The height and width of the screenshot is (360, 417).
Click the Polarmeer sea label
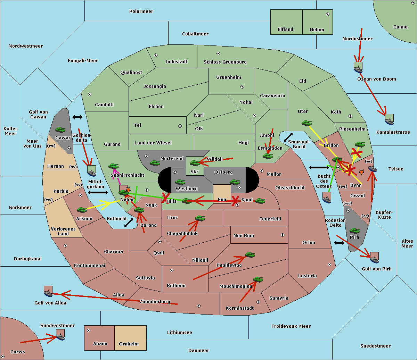pyautogui.click(x=141, y=11)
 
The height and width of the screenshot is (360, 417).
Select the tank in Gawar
pyautogui.click(x=60, y=129)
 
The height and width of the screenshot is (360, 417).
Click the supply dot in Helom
pyautogui.click(x=328, y=14)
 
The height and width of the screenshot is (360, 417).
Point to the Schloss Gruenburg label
pyautogui.click(x=225, y=62)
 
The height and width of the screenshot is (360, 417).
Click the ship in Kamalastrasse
pyautogui.click(x=389, y=122)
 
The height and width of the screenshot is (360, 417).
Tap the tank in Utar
pyautogui.click(x=306, y=123)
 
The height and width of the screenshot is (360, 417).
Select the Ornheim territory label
pyautogui.click(x=129, y=344)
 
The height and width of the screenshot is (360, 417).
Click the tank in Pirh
pyautogui.click(x=354, y=231)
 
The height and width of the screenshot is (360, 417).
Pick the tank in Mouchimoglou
pyautogui.click(x=258, y=279)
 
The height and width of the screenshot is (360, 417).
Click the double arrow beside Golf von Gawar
pyautogui.click(x=77, y=117)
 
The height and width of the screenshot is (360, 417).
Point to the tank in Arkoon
pyautogui.click(x=82, y=210)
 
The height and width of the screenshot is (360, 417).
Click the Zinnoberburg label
pyautogui.click(x=155, y=301)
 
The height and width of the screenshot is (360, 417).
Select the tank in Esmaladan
pyautogui.click(x=268, y=156)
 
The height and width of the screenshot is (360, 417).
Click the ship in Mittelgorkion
pyautogui.click(x=92, y=173)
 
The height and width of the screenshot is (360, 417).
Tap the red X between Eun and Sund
pyautogui.click(x=235, y=201)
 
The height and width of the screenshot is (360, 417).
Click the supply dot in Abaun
pyautogui.click(x=89, y=330)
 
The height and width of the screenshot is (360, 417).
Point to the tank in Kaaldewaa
pyautogui.click(x=250, y=255)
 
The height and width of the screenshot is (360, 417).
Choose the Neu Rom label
pyautogui.click(x=244, y=235)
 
